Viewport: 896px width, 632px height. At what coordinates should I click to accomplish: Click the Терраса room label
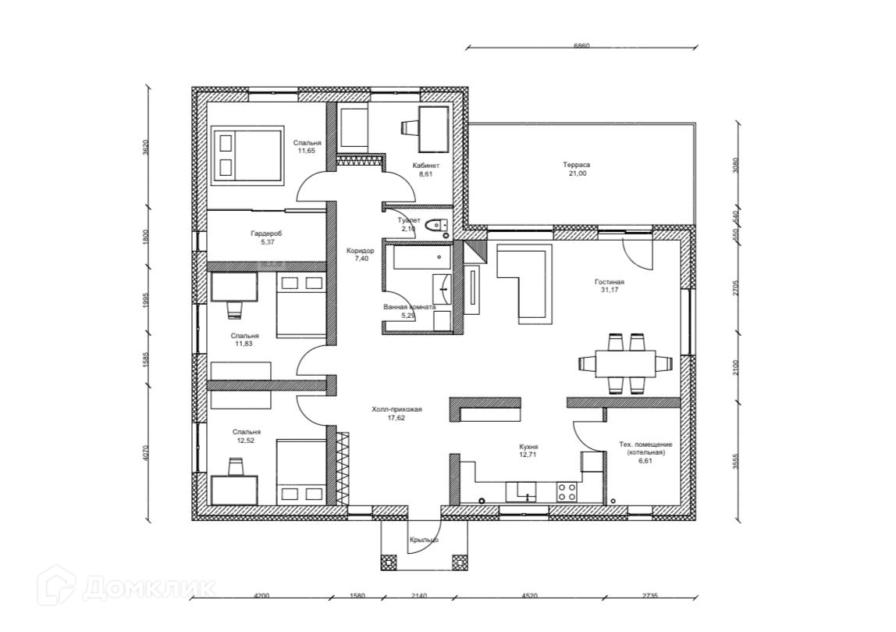pos(576,165)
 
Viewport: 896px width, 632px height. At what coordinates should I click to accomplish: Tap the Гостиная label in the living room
pos(609,283)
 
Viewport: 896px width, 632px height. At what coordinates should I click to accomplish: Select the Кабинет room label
pos(425,166)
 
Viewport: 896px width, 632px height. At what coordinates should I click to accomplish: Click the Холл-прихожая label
pos(396,409)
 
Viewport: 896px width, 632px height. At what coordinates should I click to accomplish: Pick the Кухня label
pos(529,447)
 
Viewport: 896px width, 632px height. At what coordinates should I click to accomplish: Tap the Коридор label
pos(361,251)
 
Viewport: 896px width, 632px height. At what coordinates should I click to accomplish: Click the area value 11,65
pos(307,151)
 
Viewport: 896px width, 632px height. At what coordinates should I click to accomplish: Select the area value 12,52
pos(246,441)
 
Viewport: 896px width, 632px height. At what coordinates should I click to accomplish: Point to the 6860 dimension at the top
pos(581,46)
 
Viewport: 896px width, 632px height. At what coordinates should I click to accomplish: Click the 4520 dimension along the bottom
pos(529,596)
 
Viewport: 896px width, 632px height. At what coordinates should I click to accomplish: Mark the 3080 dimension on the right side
pos(735,165)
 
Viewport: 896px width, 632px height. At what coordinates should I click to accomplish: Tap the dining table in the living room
pos(626,363)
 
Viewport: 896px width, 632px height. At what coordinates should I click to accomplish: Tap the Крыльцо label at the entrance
pos(424,540)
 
